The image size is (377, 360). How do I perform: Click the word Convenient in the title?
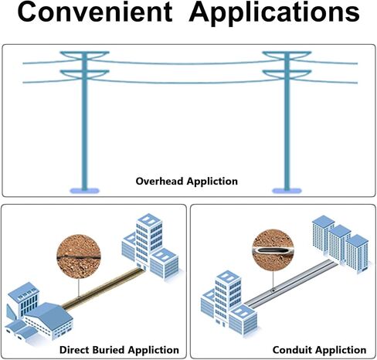[95, 12]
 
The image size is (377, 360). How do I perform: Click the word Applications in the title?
[274, 13]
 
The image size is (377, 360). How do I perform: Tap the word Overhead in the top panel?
[160, 181]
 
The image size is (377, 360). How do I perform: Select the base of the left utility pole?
[84, 191]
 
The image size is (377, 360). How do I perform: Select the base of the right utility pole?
[287, 191]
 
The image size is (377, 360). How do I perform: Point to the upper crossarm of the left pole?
[84, 55]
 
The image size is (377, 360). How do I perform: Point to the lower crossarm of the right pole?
[287, 73]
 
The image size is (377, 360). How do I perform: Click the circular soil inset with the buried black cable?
[79, 256]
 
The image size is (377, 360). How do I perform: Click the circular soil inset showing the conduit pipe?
[273, 250]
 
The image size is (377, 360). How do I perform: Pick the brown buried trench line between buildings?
[102, 287]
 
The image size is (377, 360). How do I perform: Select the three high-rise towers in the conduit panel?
[341, 245]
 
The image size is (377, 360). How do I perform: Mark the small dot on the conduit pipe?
[273, 290]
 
